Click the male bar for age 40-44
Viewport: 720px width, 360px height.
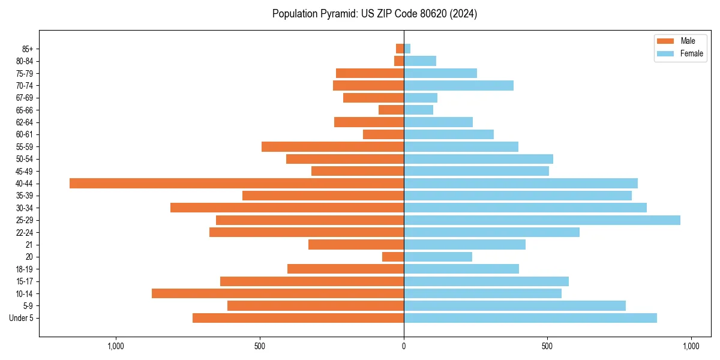click(236, 183)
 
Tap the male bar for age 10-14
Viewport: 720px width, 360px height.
click(277, 293)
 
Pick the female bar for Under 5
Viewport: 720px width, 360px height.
click(530, 318)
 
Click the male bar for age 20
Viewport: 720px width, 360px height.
click(393, 257)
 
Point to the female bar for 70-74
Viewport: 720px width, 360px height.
click(458, 85)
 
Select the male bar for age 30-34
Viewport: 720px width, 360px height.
click(287, 208)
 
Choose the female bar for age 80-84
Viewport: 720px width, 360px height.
click(420, 61)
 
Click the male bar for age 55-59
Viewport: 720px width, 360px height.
click(332, 146)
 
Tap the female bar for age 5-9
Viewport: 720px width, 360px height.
click(514, 305)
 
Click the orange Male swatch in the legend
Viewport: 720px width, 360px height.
click(665, 41)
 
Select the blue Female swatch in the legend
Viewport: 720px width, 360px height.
click(665, 53)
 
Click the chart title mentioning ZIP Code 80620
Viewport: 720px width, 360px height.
click(374, 14)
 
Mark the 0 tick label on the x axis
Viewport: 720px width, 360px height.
click(404, 346)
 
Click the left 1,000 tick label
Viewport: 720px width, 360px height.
click(115, 346)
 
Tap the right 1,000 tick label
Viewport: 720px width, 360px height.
click(691, 346)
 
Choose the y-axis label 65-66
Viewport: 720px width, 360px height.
click(24, 110)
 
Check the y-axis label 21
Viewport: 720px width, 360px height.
click(29, 245)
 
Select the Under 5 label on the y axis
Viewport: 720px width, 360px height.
click(21, 318)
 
